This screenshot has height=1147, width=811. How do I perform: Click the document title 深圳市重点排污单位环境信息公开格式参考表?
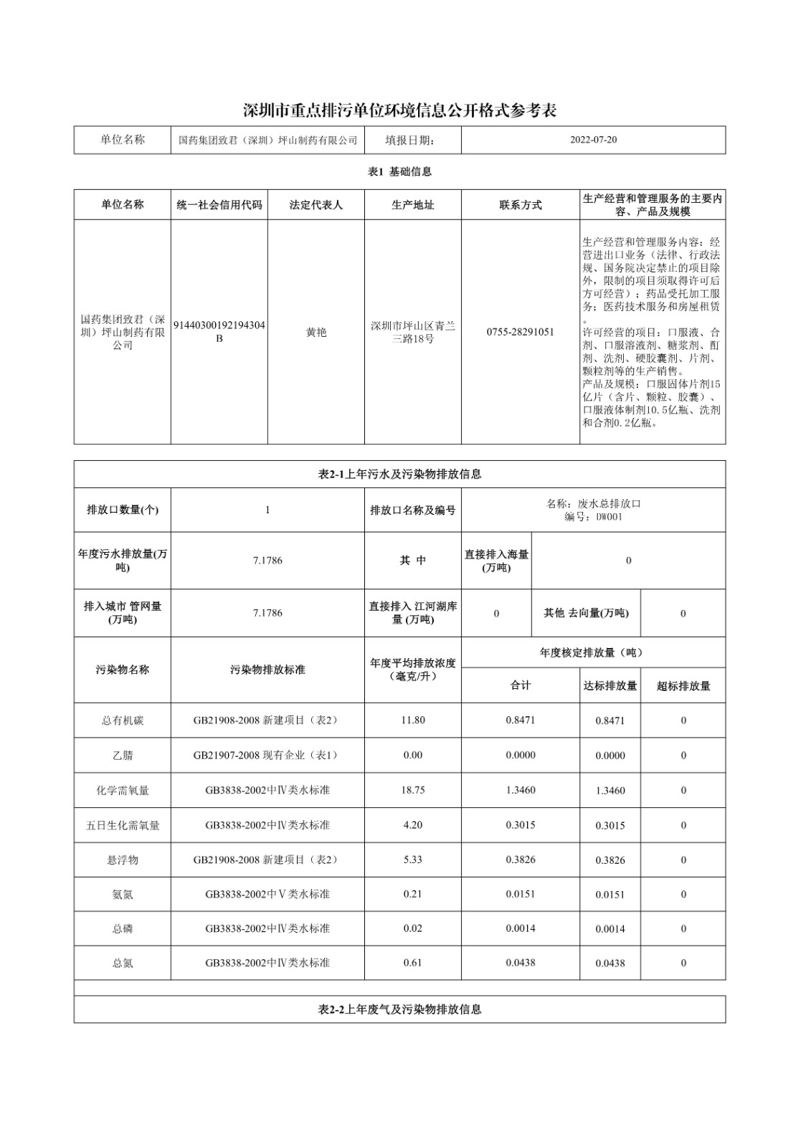(399, 110)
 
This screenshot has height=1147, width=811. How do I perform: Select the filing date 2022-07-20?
(593, 140)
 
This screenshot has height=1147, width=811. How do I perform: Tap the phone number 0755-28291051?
(520, 332)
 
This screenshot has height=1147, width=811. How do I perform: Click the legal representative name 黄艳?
(316, 333)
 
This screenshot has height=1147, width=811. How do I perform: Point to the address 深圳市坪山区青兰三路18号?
(412, 332)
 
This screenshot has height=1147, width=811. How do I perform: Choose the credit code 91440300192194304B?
(219, 332)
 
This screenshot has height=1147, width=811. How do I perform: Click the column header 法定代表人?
(316, 205)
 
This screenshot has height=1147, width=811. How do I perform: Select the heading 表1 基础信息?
(399, 172)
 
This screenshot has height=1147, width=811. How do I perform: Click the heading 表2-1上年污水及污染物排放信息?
(399, 475)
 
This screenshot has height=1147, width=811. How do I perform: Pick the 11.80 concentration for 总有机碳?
(412, 720)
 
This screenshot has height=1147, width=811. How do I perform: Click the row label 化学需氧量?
(123, 791)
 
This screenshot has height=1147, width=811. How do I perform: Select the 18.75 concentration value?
(412, 790)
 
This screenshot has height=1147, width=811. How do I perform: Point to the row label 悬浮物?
(123, 860)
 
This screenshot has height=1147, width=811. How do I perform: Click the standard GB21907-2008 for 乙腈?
(267, 756)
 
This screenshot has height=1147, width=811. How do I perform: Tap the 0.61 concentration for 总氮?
(412, 963)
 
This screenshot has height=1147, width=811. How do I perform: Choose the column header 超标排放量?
(683, 686)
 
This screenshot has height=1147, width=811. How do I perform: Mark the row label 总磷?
(123, 929)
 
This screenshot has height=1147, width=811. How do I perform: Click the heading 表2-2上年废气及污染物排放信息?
(399, 1009)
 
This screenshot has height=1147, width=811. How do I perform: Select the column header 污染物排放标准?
(267, 670)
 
